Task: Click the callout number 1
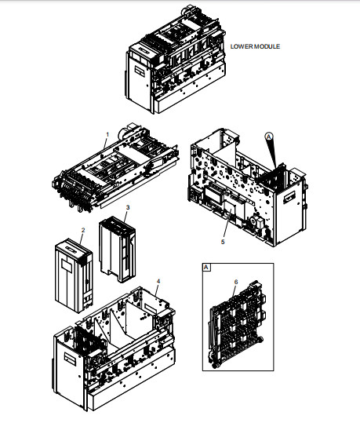tap(107, 136)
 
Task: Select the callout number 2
tap(82, 230)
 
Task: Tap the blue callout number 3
tap(128, 207)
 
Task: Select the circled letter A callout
tap(268, 134)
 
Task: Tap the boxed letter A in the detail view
tap(206, 267)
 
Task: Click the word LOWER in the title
tap(241, 46)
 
